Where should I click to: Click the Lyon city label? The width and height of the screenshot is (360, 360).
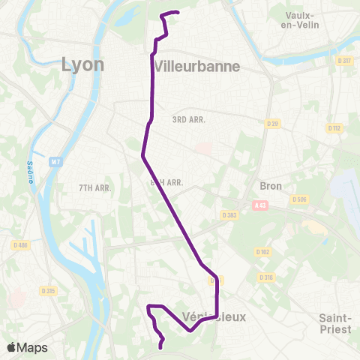tap(82, 64)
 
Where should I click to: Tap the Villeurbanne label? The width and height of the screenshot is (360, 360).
tap(197, 66)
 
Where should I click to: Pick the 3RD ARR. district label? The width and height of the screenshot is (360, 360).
tap(188, 119)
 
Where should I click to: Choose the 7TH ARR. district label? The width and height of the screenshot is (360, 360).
tap(95, 187)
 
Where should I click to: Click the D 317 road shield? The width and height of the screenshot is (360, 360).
tap(344, 61)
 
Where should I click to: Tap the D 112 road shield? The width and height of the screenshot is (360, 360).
tap(334, 128)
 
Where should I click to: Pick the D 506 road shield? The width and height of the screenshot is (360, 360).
tap(300, 199)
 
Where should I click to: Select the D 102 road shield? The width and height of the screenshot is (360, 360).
tap(262, 252)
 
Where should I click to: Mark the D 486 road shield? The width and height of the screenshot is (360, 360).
tap(20, 244)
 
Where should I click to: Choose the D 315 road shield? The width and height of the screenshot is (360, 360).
tap(48, 290)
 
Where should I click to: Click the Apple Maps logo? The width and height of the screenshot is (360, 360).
tap(27, 347)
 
